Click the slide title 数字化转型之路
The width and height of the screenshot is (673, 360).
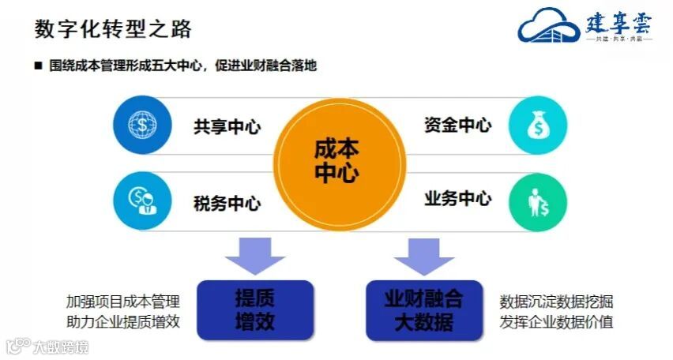click(113, 29)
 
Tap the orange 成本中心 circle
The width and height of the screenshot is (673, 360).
click(336, 161)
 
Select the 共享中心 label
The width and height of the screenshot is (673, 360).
click(227, 127)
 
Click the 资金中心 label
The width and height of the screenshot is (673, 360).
click(457, 125)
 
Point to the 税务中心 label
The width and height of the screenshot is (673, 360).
click(227, 203)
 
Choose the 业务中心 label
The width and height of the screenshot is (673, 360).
click(457, 197)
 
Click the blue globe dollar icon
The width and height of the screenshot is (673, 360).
click(141, 125)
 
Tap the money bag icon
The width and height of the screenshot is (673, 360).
click(539, 125)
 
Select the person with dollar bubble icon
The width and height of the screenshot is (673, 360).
click(141, 200)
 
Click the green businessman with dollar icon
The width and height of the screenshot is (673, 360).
click(539, 200)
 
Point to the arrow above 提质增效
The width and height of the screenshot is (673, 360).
click(254, 257)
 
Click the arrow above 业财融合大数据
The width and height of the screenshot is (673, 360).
click(424, 257)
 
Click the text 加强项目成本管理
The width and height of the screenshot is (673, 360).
click(123, 301)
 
